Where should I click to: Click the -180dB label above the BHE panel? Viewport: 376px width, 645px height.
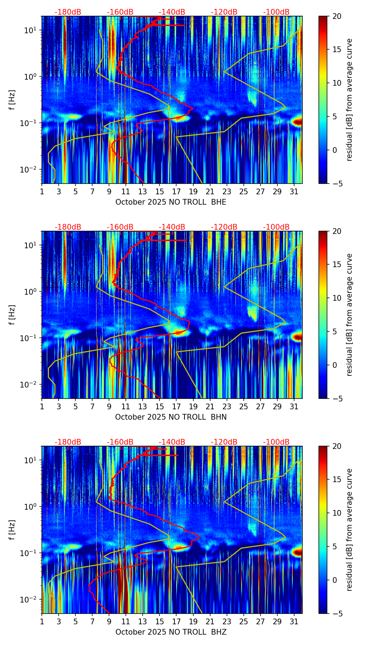coord(68,12)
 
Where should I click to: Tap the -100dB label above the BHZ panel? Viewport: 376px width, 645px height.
coord(276,442)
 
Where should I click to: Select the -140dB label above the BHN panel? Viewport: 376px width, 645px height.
coord(172,227)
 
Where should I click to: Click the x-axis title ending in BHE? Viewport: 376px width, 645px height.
coord(170,202)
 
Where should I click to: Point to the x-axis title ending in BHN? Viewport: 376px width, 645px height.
coord(170,417)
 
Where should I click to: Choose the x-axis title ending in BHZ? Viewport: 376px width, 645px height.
coord(170,632)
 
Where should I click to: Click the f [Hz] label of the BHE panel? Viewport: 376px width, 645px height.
coord(12,100)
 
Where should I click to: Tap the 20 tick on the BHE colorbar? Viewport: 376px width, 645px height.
coord(337,16)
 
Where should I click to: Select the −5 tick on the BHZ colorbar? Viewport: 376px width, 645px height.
coord(337,614)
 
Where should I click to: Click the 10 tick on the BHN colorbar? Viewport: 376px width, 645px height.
coord(337,298)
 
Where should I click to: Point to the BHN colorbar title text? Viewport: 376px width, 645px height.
coord(350,315)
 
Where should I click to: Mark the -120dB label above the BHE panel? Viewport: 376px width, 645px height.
coord(224,12)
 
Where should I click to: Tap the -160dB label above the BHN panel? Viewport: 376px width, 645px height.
coord(120,227)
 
